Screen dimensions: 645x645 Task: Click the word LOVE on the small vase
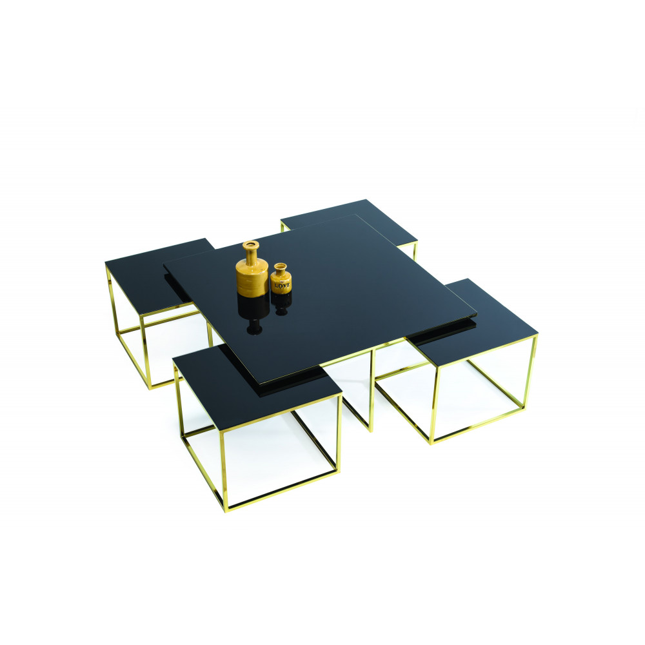pyautogui.click(x=282, y=284)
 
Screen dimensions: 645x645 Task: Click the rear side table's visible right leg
pyautogui.click(x=415, y=252)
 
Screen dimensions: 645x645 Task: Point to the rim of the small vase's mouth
pyautogui.click(x=279, y=264)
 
